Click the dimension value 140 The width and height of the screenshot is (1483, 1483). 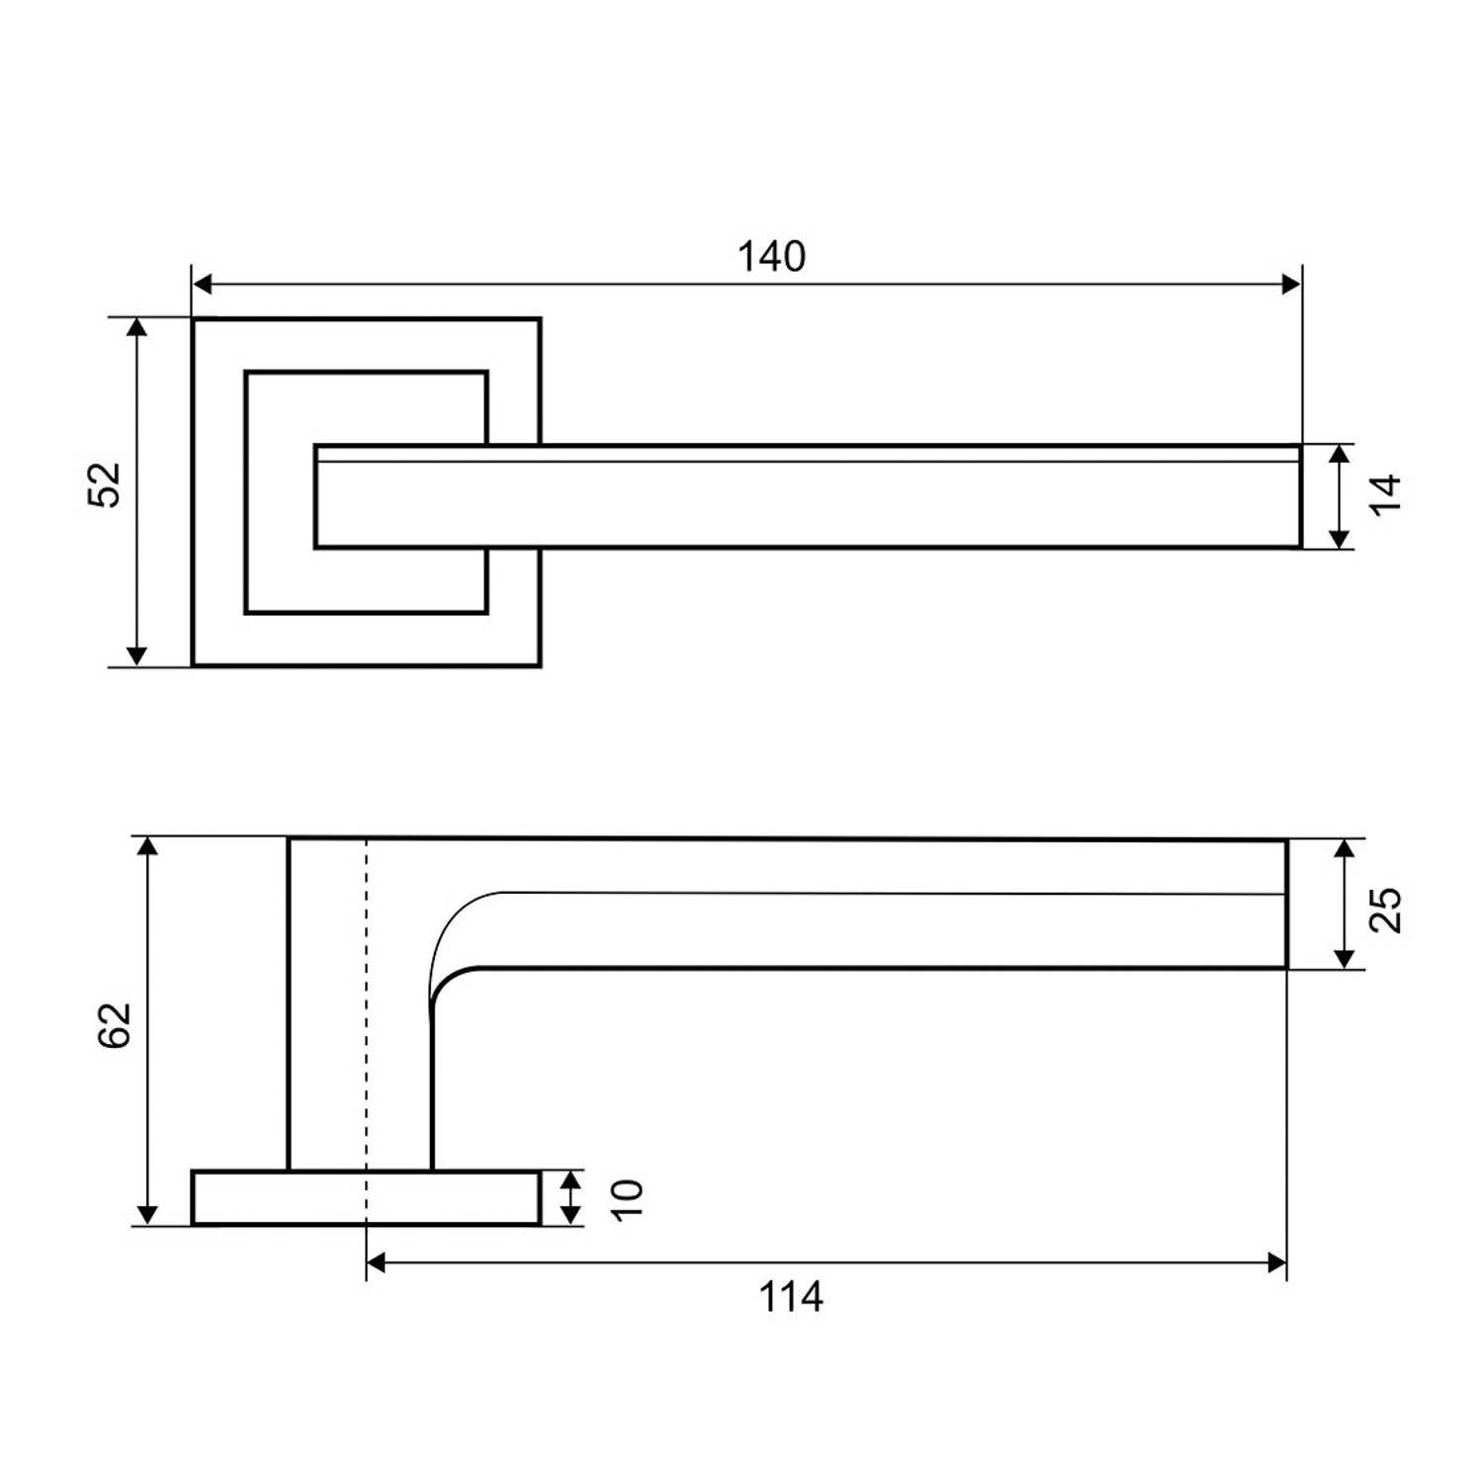coord(771,257)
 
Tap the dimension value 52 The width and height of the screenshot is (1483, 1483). coord(105,484)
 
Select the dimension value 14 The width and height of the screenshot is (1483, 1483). coord(1387,492)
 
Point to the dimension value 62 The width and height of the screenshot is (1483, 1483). coord(116,1025)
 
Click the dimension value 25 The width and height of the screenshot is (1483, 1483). coord(1388,910)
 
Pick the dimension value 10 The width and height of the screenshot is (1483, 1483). coord(627,1199)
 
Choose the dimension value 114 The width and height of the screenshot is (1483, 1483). coord(791,1296)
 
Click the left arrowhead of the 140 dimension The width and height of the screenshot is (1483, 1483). coord(203,285)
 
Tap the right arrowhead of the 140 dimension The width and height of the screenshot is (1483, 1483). coord(1290,285)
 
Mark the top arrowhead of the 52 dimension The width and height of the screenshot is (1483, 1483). coord(137,328)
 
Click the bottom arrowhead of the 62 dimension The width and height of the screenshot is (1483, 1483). coord(147,1214)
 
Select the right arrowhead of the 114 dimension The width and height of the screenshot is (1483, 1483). coord(1276,1263)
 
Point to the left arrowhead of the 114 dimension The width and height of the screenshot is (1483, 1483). coord(377,1263)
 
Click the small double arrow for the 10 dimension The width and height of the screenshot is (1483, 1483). coord(569,1197)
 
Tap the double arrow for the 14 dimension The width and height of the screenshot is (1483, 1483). coord(1339,496)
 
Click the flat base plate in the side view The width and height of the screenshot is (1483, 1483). coord(367,1197)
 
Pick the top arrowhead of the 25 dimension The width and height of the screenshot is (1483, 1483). coord(1344,849)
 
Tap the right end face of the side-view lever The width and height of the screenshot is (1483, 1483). coord(1287,904)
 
